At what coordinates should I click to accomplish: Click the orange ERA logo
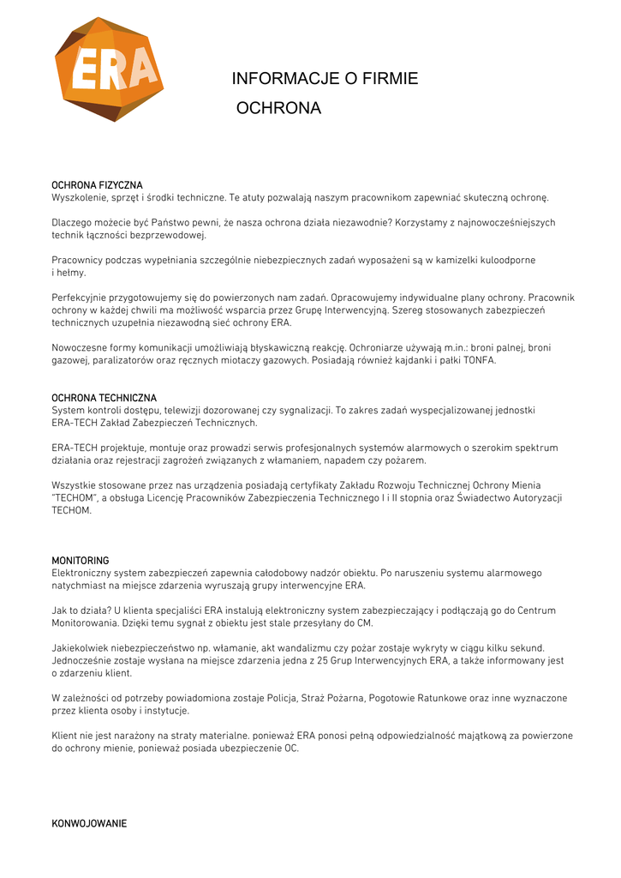[109, 69]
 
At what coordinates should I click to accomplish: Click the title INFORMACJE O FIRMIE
[325, 79]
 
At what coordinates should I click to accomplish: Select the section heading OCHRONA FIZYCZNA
[97, 185]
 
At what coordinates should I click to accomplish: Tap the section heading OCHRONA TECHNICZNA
[104, 398]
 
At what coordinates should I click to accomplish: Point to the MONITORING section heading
[80, 560]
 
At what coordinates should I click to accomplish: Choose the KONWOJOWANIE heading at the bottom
[89, 823]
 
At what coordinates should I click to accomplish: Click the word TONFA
[479, 360]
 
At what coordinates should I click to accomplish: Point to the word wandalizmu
[288, 648]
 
